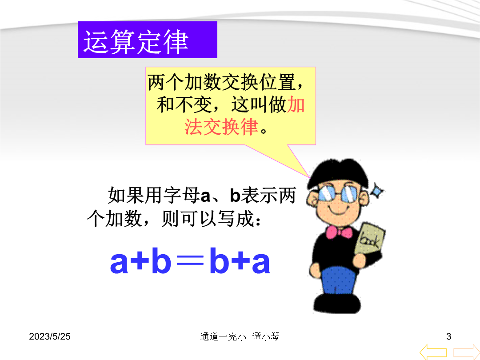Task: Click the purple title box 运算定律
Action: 148,40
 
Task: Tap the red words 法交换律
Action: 221,127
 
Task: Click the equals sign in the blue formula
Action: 190,262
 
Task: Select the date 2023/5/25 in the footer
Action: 50,336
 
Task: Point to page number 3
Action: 449,336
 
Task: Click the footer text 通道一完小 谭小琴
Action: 240,337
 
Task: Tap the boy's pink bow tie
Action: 339,232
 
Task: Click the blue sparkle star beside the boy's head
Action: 377,191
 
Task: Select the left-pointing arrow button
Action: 433,352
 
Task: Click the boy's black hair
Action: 338,172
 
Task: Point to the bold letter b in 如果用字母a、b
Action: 235,195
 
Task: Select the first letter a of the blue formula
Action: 119,263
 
